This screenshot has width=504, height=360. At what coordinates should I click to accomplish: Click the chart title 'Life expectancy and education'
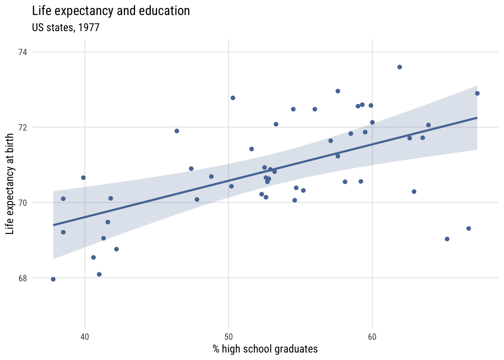(111, 11)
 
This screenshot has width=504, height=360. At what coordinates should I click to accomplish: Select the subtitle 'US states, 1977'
(66, 28)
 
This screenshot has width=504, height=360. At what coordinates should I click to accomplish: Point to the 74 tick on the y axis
(23, 52)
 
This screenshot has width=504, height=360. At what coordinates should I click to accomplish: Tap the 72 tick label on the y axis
(23, 127)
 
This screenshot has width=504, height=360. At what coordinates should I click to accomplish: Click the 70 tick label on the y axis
(23, 202)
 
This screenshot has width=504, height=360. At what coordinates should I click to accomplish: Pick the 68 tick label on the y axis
(23, 278)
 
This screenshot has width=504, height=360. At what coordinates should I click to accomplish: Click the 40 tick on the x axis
(85, 337)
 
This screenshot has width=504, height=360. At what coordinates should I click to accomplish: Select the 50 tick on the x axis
(228, 337)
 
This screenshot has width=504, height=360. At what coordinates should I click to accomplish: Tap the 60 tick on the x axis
(372, 337)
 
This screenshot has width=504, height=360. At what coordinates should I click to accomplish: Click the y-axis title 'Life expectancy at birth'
(10, 184)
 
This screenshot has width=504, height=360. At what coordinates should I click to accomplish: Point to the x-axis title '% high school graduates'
(265, 349)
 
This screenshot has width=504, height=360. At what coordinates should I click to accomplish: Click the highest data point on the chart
(399, 67)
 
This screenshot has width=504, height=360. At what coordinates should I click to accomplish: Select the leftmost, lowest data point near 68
(53, 279)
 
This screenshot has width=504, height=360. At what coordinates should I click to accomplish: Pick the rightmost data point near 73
(477, 93)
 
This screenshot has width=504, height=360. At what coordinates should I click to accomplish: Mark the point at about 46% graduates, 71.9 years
(177, 131)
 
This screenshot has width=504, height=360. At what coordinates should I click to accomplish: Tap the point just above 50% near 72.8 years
(232, 98)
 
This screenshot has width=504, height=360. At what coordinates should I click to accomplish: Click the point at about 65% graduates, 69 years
(447, 239)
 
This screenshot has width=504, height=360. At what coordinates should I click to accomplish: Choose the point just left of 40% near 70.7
(83, 177)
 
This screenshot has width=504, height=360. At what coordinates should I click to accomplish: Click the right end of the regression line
(477, 118)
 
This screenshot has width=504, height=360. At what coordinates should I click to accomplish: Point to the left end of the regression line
(54, 225)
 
